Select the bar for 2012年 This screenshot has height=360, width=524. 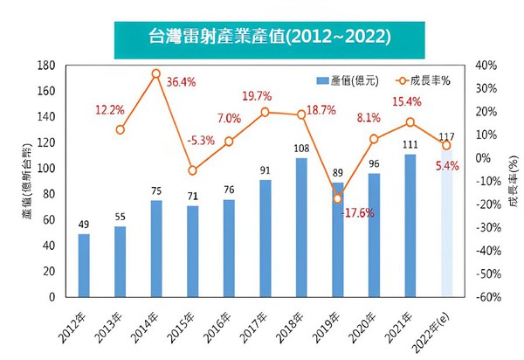click(x=84, y=266)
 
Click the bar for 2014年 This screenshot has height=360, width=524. click(x=156, y=248)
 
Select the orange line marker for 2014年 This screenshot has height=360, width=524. click(x=156, y=74)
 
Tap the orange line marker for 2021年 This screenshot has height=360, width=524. click(x=410, y=122)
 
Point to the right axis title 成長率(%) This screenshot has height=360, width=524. click(x=512, y=181)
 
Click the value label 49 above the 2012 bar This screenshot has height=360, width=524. click(x=84, y=225)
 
